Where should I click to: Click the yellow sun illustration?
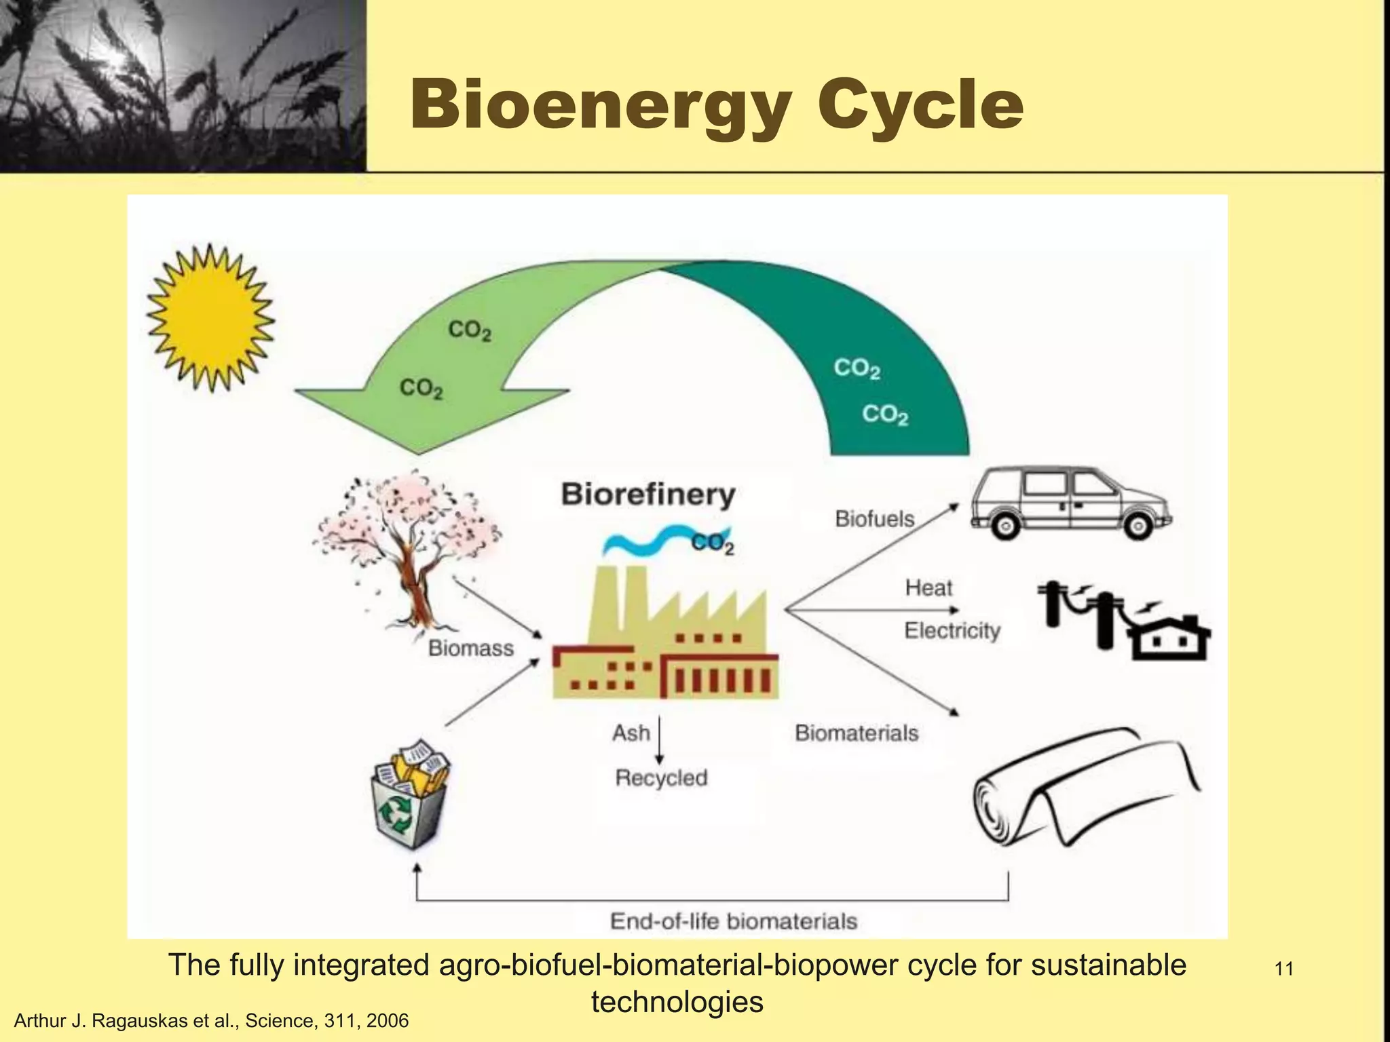point(211,317)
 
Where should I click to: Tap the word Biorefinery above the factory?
point(648,495)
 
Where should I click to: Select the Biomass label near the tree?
point(470,649)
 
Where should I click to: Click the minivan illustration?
point(1070,503)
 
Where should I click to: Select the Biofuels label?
point(874,519)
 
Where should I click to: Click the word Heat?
point(928,587)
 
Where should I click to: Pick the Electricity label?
point(952,631)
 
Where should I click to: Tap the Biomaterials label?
point(857,733)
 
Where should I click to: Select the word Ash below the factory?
point(631,733)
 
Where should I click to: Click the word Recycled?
point(661,777)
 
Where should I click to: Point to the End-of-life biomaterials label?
point(734,921)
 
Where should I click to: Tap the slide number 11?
point(1283,969)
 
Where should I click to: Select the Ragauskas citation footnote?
point(212,1021)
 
